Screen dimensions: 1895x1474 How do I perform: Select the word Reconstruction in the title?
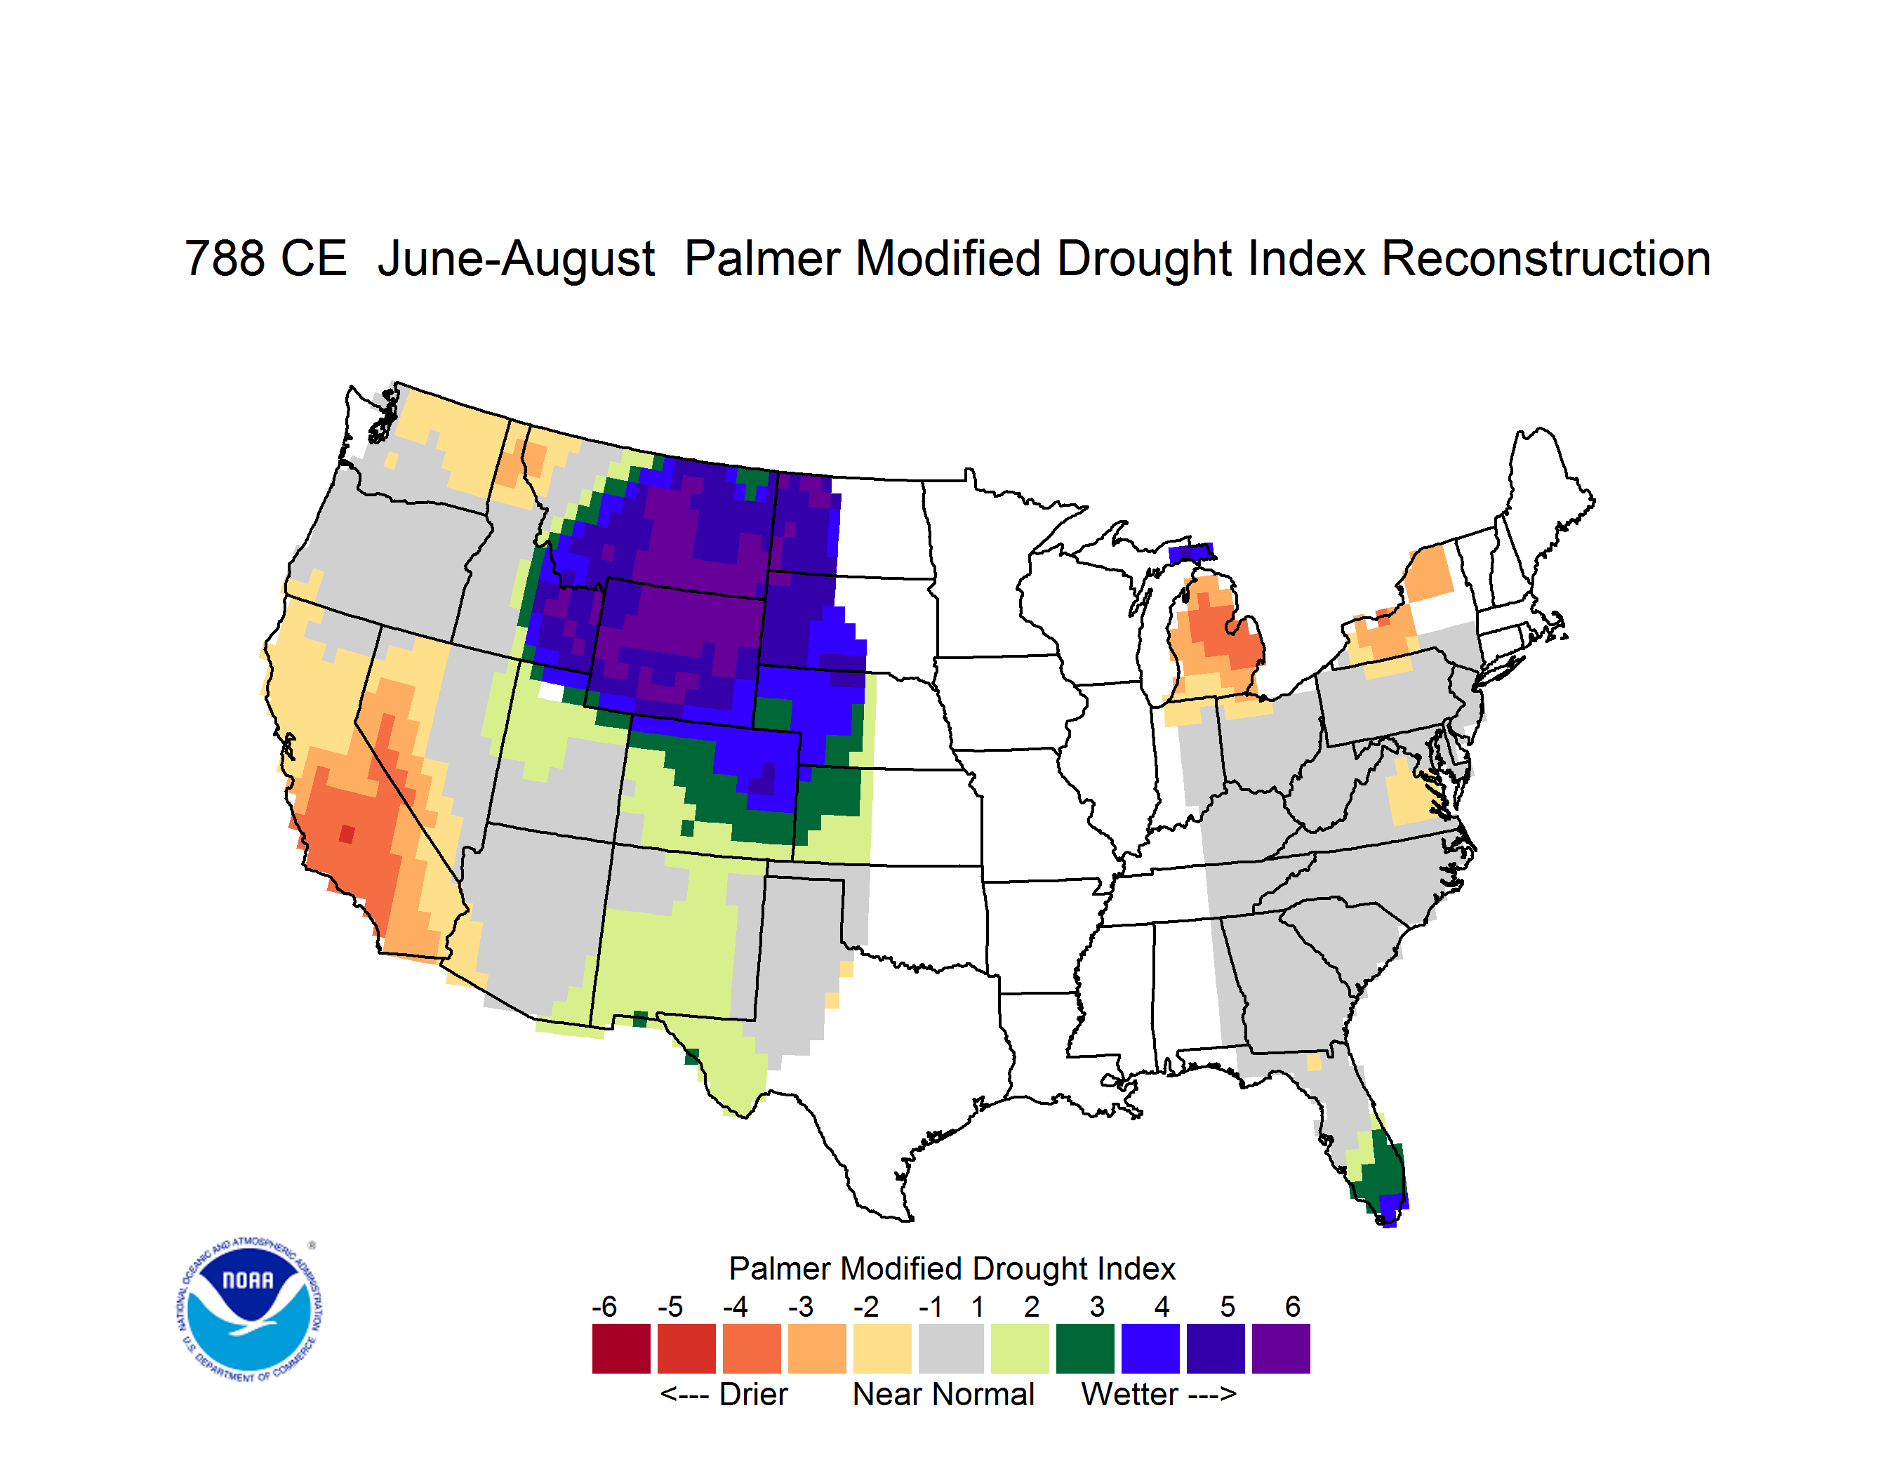click(1545, 258)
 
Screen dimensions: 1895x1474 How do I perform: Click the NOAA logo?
click(249, 1309)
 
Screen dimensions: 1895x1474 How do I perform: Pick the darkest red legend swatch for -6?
click(621, 1348)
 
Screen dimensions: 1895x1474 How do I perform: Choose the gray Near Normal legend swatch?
click(951, 1348)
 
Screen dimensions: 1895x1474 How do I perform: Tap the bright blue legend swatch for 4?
click(1150, 1348)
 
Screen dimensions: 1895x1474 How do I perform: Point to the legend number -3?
click(801, 1306)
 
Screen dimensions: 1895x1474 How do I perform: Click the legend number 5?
click(1228, 1306)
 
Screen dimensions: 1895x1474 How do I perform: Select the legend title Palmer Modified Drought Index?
click(952, 1268)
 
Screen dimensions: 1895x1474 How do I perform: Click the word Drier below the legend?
click(753, 1394)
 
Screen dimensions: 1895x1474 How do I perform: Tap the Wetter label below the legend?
click(1130, 1394)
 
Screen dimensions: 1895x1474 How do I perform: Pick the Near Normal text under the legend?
click(943, 1394)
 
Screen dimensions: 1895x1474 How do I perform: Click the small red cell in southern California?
click(347, 834)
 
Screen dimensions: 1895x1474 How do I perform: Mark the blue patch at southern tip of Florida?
click(1392, 1209)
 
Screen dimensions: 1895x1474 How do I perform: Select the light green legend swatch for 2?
click(1020, 1348)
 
